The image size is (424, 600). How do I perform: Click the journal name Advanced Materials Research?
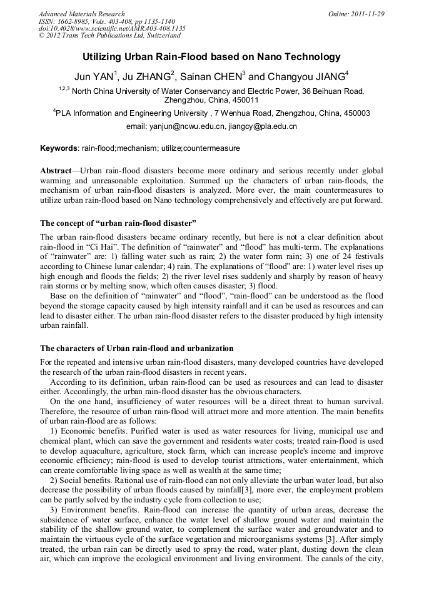click(x=81, y=14)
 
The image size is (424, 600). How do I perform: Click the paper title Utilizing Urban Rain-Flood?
click(x=211, y=58)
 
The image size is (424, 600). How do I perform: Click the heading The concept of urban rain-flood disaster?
click(x=118, y=223)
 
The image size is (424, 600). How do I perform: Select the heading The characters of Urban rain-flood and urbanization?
click(x=137, y=348)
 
